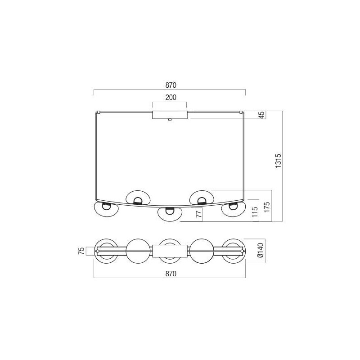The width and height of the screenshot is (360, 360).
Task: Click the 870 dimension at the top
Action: coord(170,85)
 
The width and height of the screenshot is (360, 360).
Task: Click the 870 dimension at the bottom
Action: coord(170,273)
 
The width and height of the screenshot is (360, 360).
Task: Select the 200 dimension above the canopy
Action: coord(170,97)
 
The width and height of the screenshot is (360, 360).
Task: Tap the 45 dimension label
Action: coord(261,115)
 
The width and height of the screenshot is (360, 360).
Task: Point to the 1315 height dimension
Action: coord(278,166)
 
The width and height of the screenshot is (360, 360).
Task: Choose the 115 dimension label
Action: coord(254,212)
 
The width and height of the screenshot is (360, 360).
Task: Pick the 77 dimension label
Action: coord(198,215)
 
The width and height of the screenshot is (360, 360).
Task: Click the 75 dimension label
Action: coord(81,251)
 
